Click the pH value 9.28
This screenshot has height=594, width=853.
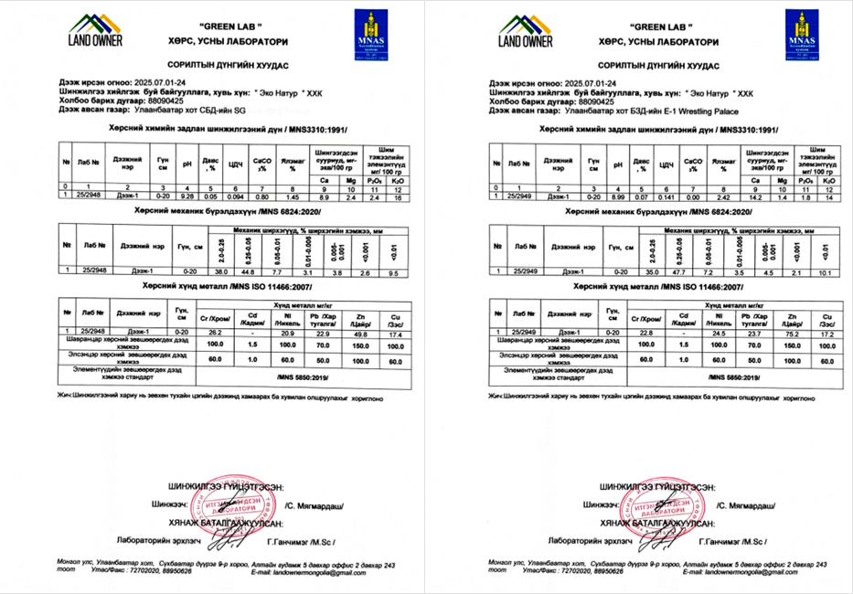click(x=187, y=196)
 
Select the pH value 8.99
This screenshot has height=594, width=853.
click(x=618, y=196)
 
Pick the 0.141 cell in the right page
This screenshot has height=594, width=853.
click(x=665, y=196)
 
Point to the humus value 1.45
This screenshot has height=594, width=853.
click(x=293, y=196)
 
